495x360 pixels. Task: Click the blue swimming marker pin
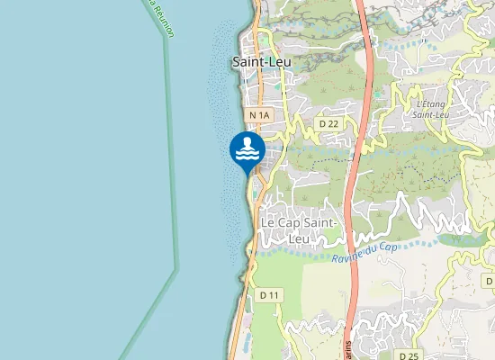pos(247,150)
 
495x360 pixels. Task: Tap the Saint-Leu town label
pos(260,62)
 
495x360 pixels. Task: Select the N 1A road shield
pos(260,115)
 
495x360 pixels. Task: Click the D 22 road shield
pos(328,122)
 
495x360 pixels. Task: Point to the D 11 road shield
pos(269,294)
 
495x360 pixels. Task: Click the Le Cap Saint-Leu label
pos(298,230)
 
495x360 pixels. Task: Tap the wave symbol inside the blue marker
pos(247,156)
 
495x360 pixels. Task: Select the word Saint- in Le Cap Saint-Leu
pos(319,222)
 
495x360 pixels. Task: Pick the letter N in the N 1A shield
pos(254,115)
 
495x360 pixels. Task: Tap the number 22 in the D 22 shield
pos(332,122)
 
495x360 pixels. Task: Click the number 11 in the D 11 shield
pos(274,294)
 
